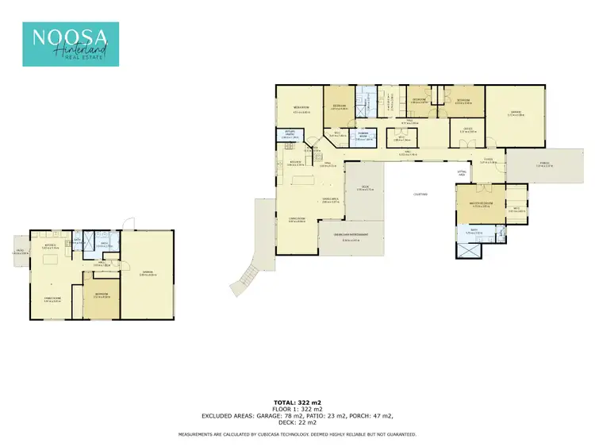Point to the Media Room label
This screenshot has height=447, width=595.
click(x=300, y=107)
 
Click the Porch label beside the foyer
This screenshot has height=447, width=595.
click(x=544, y=165)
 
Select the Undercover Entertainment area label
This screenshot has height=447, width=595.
click(x=351, y=238)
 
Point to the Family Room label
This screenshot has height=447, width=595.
click(x=52, y=300)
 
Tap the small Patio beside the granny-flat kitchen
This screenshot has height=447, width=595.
click(x=19, y=252)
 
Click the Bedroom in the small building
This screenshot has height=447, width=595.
click(x=102, y=295)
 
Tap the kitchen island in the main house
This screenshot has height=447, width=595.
click(x=301, y=182)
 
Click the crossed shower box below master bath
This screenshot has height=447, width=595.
click(x=468, y=249)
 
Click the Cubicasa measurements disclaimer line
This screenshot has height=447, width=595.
click(x=297, y=434)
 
